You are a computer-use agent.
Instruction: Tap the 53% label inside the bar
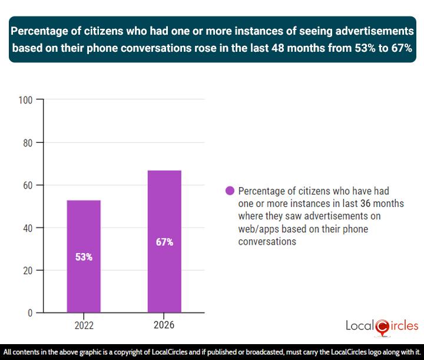point(84,257)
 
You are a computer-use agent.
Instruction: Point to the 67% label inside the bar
point(164,242)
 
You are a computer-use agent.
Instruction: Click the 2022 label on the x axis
point(84,325)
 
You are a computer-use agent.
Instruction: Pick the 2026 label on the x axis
point(164,325)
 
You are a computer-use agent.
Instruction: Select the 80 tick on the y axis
point(26,142)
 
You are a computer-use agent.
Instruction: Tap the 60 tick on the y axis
point(26,185)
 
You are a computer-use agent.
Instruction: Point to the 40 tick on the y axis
point(26,228)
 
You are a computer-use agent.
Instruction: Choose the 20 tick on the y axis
point(26,271)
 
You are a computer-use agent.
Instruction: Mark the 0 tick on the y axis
point(29,313)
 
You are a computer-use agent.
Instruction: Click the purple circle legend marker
point(230,191)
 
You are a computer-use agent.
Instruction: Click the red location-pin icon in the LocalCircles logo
point(382,326)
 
